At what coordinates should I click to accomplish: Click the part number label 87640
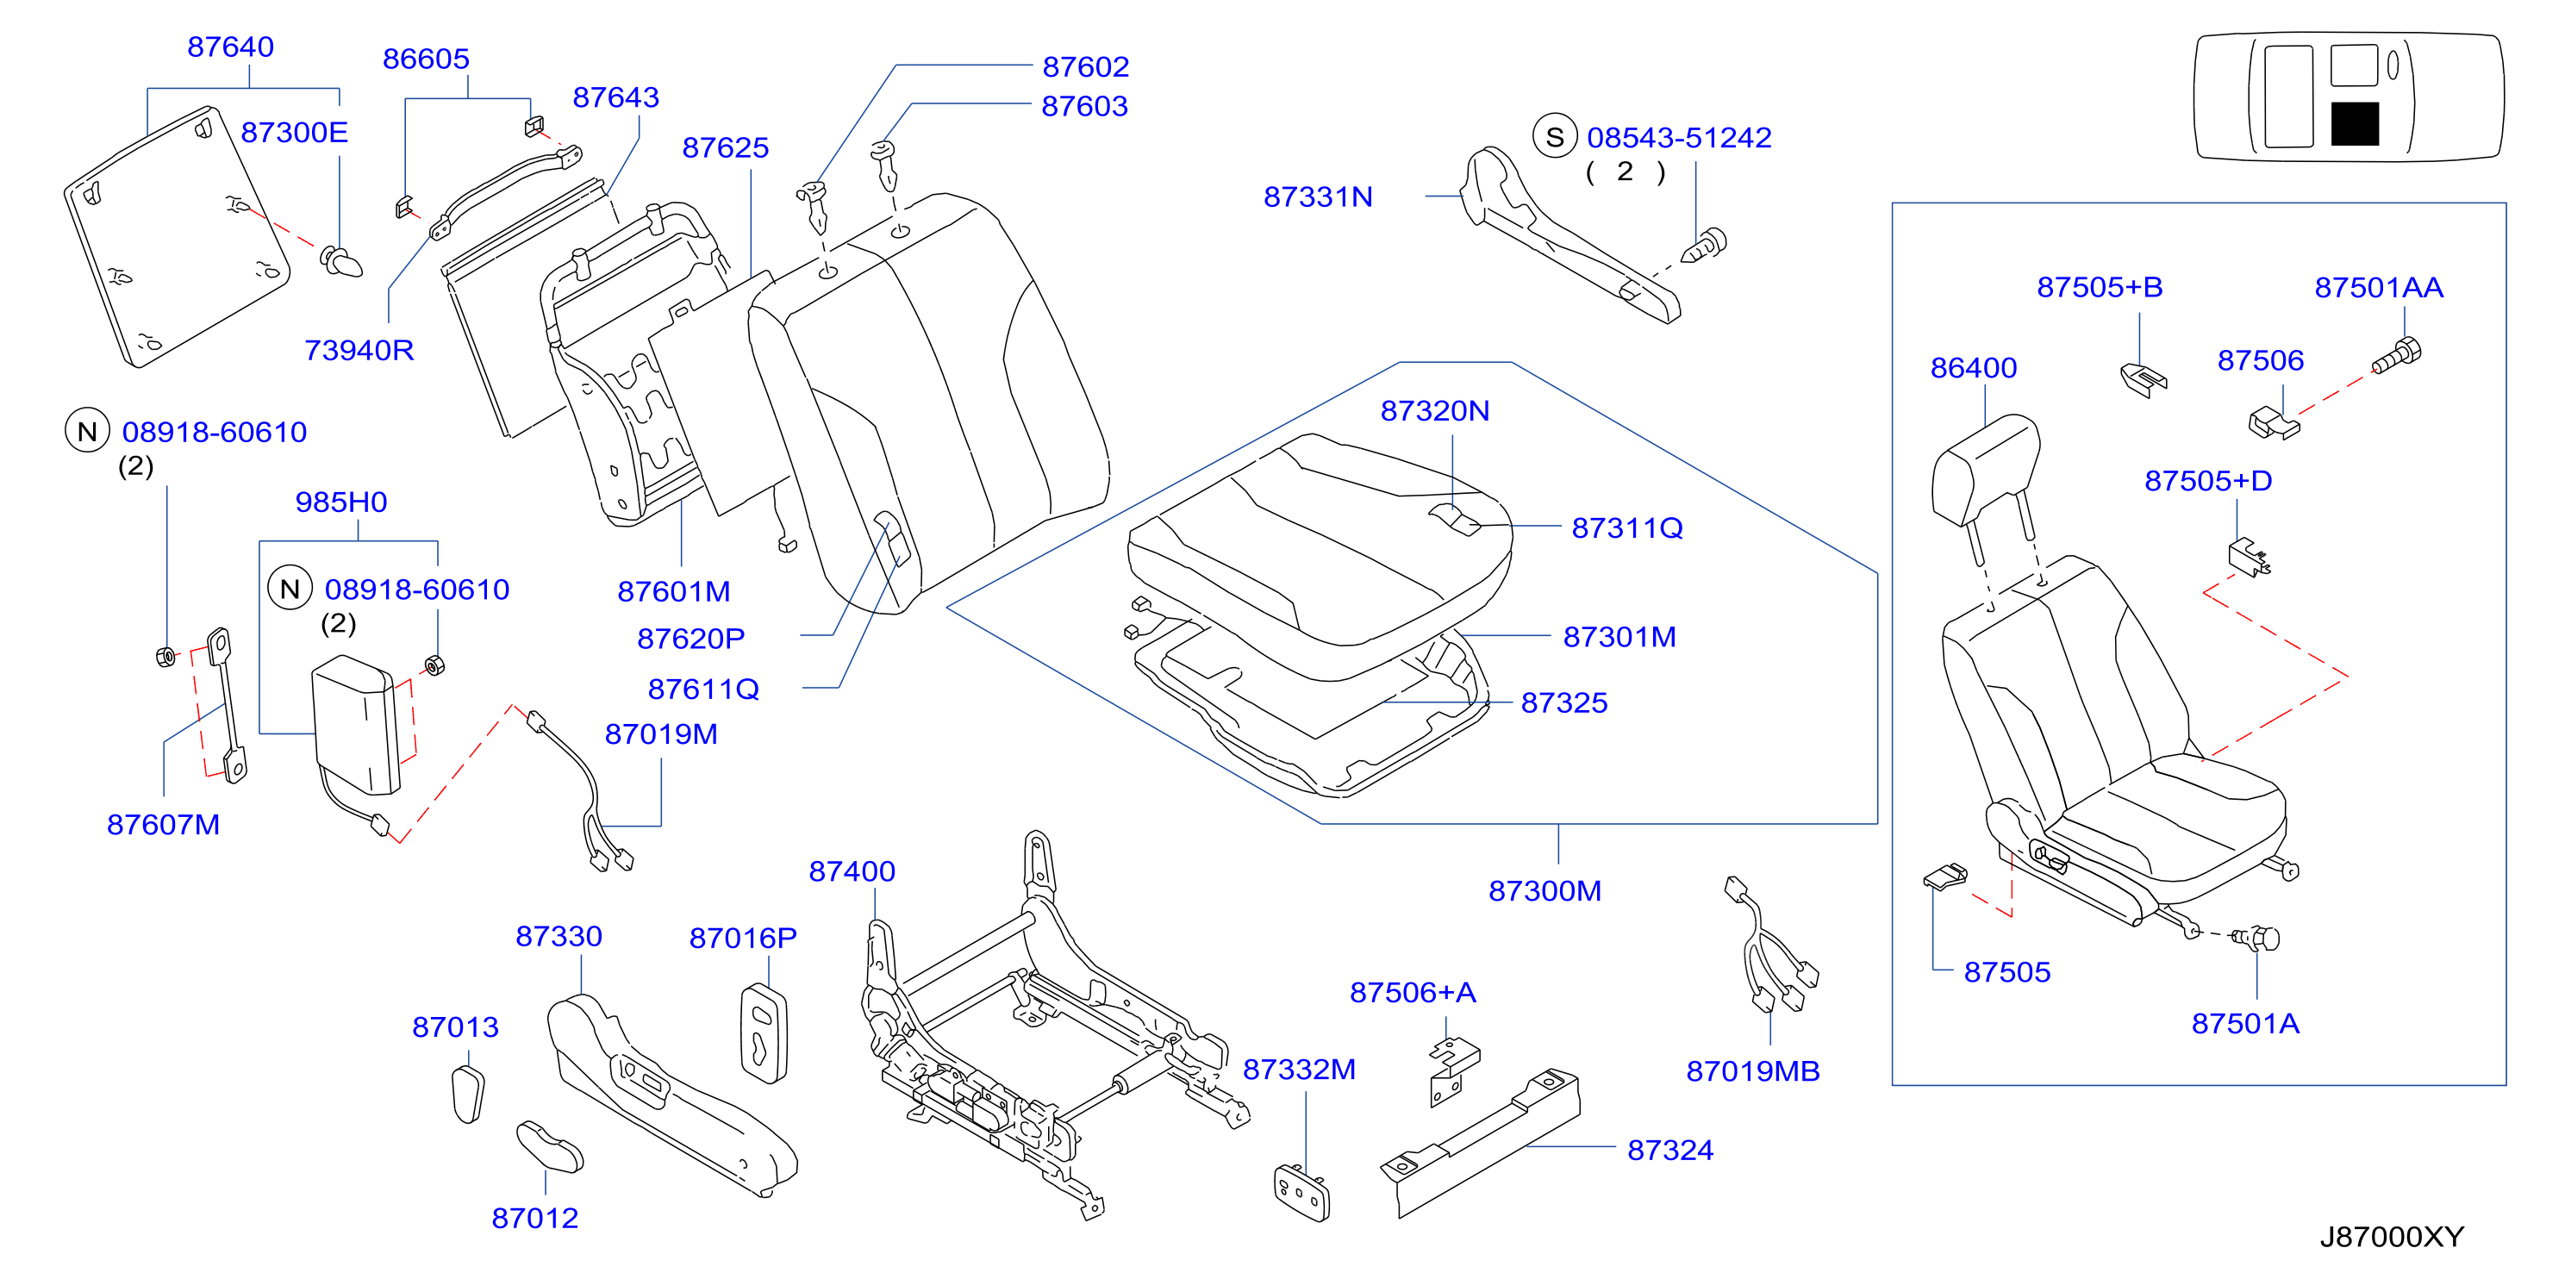[x=230, y=47]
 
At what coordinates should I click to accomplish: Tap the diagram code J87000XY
[x=2392, y=1237]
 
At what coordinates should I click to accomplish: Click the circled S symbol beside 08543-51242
[x=1555, y=138]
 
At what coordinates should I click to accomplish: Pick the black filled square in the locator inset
[x=2355, y=124]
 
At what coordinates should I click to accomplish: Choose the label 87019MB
[x=1752, y=1071]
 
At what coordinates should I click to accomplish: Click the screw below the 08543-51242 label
[x=1705, y=246]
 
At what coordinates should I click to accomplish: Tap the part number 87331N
[x=1318, y=197]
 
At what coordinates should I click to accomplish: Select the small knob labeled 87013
[x=468, y=1095]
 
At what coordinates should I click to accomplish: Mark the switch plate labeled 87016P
[x=764, y=1033]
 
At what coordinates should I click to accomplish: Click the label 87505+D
[x=2207, y=481]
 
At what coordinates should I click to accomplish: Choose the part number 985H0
[x=340, y=502]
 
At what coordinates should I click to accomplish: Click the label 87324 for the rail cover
[x=1669, y=1151]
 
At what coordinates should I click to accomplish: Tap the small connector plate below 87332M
[x=1302, y=1192]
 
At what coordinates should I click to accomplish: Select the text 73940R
[x=359, y=350]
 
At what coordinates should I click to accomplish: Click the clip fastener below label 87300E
[x=341, y=261]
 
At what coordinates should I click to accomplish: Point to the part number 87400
[x=852, y=872]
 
